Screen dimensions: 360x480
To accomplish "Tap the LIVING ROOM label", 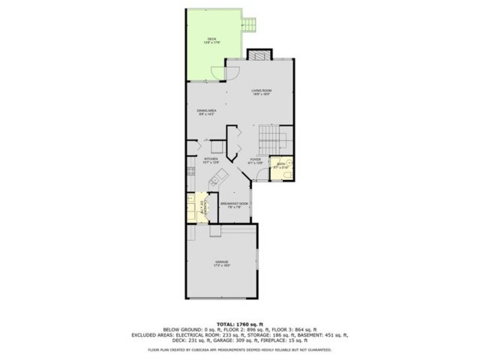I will pyautogui.click(x=261, y=91).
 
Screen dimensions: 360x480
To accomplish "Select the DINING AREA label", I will pyautogui.click(x=207, y=110).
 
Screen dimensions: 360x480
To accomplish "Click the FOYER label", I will pyautogui.click(x=256, y=159).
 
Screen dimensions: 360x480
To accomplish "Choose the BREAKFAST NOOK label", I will pyautogui.click(x=234, y=204).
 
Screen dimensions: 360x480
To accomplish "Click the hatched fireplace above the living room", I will pyautogui.click(x=260, y=55).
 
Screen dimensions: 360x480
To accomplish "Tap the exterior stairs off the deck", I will pyautogui.click(x=249, y=25).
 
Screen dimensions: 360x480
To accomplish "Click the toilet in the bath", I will pyautogui.click(x=290, y=175).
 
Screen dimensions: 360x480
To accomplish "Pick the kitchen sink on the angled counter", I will pyautogui.click(x=220, y=176).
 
